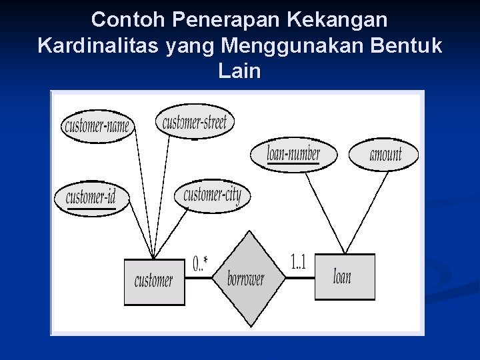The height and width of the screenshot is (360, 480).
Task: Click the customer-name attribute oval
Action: point(98,126)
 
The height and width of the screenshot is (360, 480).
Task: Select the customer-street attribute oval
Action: point(195,122)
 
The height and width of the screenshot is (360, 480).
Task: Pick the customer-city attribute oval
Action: point(212,195)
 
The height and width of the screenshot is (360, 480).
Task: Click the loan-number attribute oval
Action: point(293,155)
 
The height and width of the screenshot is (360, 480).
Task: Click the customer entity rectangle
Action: point(154,281)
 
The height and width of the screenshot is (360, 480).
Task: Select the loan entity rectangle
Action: point(344,277)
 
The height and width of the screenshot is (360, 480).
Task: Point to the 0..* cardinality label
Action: point(200,265)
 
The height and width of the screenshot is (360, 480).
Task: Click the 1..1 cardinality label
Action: point(298,262)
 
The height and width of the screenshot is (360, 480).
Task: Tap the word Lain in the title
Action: point(239,70)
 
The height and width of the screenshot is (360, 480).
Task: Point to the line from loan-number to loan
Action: point(323,212)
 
